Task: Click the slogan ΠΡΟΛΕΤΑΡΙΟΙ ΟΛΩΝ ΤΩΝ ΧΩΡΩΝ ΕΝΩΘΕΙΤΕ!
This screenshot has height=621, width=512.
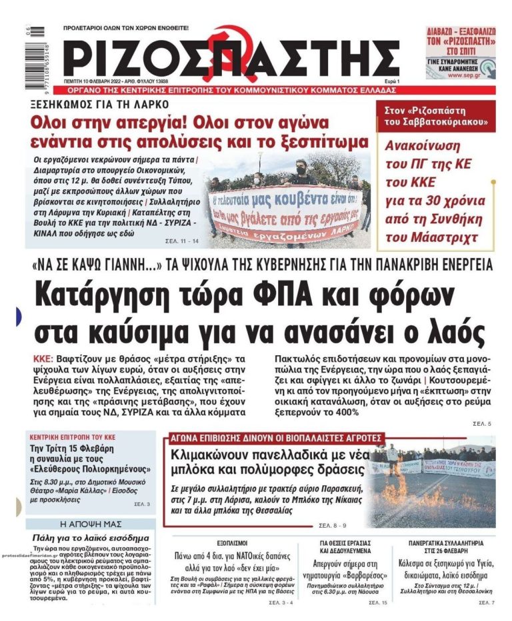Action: [126, 28]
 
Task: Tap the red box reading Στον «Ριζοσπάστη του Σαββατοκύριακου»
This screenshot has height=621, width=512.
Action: [435, 116]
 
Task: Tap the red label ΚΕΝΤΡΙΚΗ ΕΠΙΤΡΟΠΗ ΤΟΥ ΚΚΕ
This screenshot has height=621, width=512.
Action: [72, 437]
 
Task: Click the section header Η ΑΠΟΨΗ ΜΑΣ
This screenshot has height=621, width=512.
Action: [91, 524]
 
